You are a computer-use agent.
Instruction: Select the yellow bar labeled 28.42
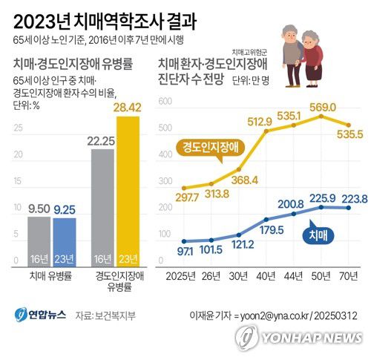[x=128, y=193]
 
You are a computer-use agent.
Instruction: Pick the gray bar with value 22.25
[x=102, y=208]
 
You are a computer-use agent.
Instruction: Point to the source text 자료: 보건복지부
[x=105, y=315]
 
